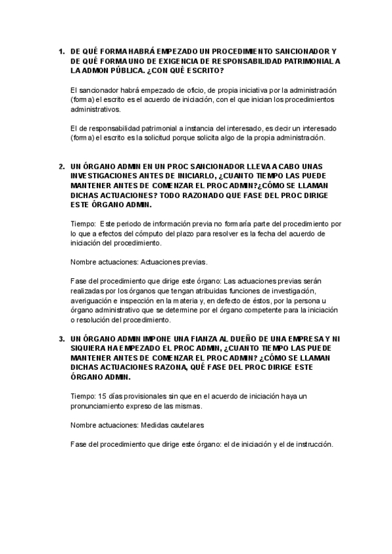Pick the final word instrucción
click(312, 445)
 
